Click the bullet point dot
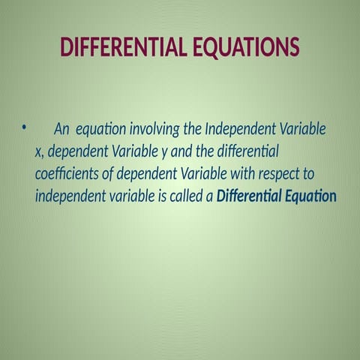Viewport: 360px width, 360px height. coord(24,128)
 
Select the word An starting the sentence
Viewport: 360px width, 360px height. coord(62,129)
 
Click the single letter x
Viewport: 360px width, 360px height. coord(39,151)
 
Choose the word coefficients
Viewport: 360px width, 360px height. coord(67,174)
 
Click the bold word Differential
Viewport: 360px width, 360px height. coord(257,196)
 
